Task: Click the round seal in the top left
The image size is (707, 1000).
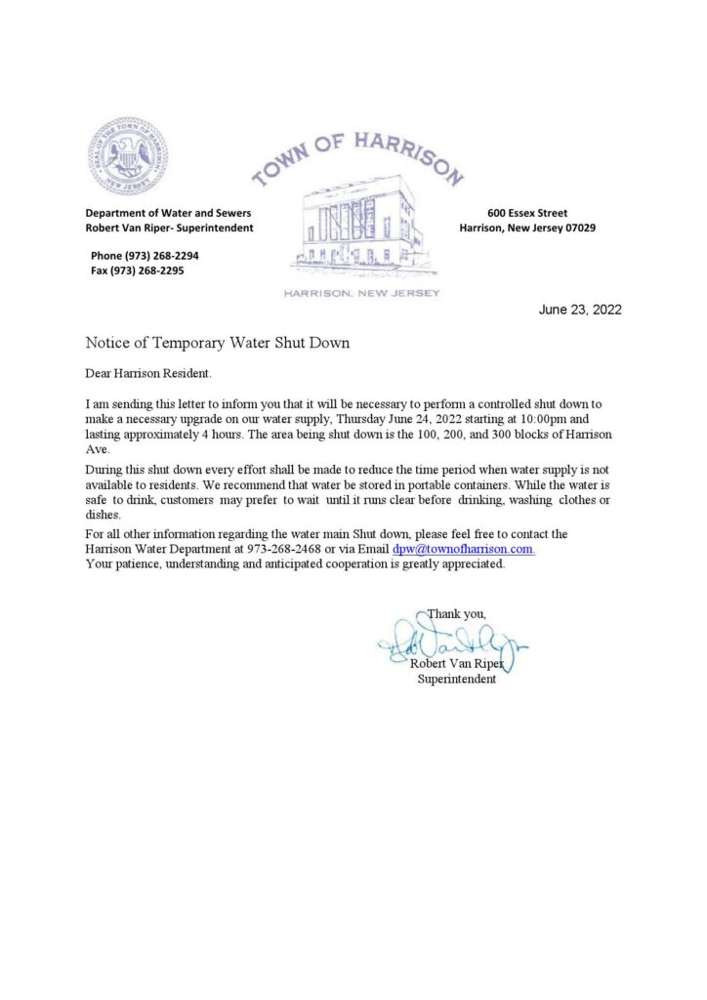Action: coord(127,158)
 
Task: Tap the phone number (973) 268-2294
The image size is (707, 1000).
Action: coord(157,255)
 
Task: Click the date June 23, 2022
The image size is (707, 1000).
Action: coord(580,311)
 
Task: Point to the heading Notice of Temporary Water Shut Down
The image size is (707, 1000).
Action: coord(217,344)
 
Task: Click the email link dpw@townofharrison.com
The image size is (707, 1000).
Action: coord(462,550)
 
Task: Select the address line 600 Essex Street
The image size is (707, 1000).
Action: coord(527,213)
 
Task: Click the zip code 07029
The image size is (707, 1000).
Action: coord(576,228)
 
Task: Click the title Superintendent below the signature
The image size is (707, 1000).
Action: coord(456,680)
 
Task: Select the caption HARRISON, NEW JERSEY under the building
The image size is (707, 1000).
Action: coord(361,293)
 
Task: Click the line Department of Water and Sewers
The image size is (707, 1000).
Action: coord(168,213)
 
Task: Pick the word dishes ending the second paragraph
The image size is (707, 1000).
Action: coord(103,515)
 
